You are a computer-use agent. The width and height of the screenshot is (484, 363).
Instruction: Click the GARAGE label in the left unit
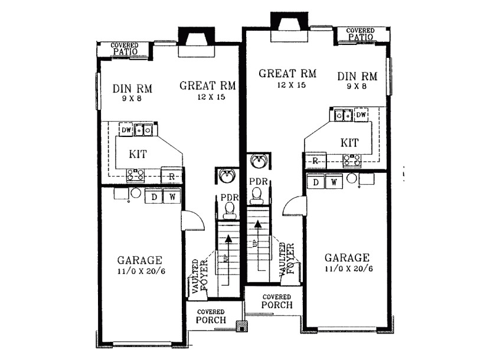(139, 260)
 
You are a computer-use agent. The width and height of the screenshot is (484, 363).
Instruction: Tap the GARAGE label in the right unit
(347, 258)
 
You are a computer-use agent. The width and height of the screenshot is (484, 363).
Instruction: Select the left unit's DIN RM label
(132, 89)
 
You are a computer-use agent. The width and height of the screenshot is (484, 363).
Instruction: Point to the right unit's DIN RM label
(358, 76)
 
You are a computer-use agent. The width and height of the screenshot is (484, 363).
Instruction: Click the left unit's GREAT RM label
(207, 86)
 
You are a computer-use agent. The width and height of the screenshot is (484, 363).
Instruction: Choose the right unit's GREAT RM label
(287, 74)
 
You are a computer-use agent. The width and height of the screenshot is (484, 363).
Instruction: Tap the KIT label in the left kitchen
(138, 153)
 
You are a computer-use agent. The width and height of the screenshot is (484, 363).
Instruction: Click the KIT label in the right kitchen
(350, 143)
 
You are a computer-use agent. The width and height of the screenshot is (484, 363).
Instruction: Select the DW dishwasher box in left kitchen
(126, 129)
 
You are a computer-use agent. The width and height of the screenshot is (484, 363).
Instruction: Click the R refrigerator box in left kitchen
(171, 176)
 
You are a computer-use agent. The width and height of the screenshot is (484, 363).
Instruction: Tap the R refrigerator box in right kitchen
(315, 161)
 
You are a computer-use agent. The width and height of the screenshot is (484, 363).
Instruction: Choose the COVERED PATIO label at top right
(361, 34)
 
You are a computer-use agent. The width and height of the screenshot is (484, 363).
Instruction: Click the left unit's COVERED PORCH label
(211, 316)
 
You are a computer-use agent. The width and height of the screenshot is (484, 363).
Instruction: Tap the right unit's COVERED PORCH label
(276, 301)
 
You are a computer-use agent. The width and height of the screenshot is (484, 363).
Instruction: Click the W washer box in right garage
(333, 182)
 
